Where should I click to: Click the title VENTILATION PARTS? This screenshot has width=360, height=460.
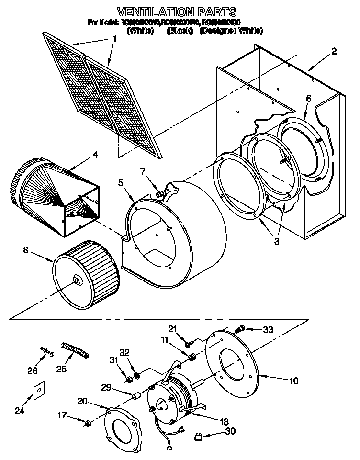click(177, 11)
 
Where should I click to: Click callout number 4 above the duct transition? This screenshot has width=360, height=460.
click(95, 155)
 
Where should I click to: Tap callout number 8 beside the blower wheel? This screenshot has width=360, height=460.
click(25, 249)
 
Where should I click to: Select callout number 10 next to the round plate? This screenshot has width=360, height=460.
click(293, 381)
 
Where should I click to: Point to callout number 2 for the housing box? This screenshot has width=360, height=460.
click(334, 51)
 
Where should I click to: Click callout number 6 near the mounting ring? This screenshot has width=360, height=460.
click(308, 99)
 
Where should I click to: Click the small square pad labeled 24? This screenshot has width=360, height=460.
click(36, 391)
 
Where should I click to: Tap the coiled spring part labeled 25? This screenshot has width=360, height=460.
click(75, 349)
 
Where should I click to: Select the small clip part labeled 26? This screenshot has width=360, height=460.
click(46, 352)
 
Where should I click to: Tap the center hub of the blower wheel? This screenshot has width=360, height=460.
click(76, 281)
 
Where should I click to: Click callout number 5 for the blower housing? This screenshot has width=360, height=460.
click(121, 182)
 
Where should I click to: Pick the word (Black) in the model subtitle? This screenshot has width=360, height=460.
click(180, 31)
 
